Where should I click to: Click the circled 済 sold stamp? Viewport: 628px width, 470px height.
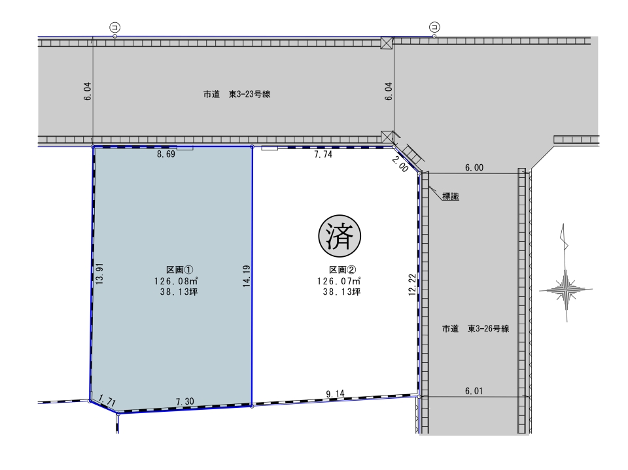340,236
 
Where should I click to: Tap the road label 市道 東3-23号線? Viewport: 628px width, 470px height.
237,95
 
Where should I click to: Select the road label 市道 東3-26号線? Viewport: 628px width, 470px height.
476,329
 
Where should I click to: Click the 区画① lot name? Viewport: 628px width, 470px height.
180,270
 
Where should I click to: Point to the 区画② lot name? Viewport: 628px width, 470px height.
343,270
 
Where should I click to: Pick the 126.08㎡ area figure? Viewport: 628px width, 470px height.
177,281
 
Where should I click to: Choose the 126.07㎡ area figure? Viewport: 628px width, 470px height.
340,281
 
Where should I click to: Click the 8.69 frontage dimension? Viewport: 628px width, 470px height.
166,154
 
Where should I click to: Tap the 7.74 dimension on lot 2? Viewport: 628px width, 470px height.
323,154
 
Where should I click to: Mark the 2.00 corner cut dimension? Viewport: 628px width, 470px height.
400,165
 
